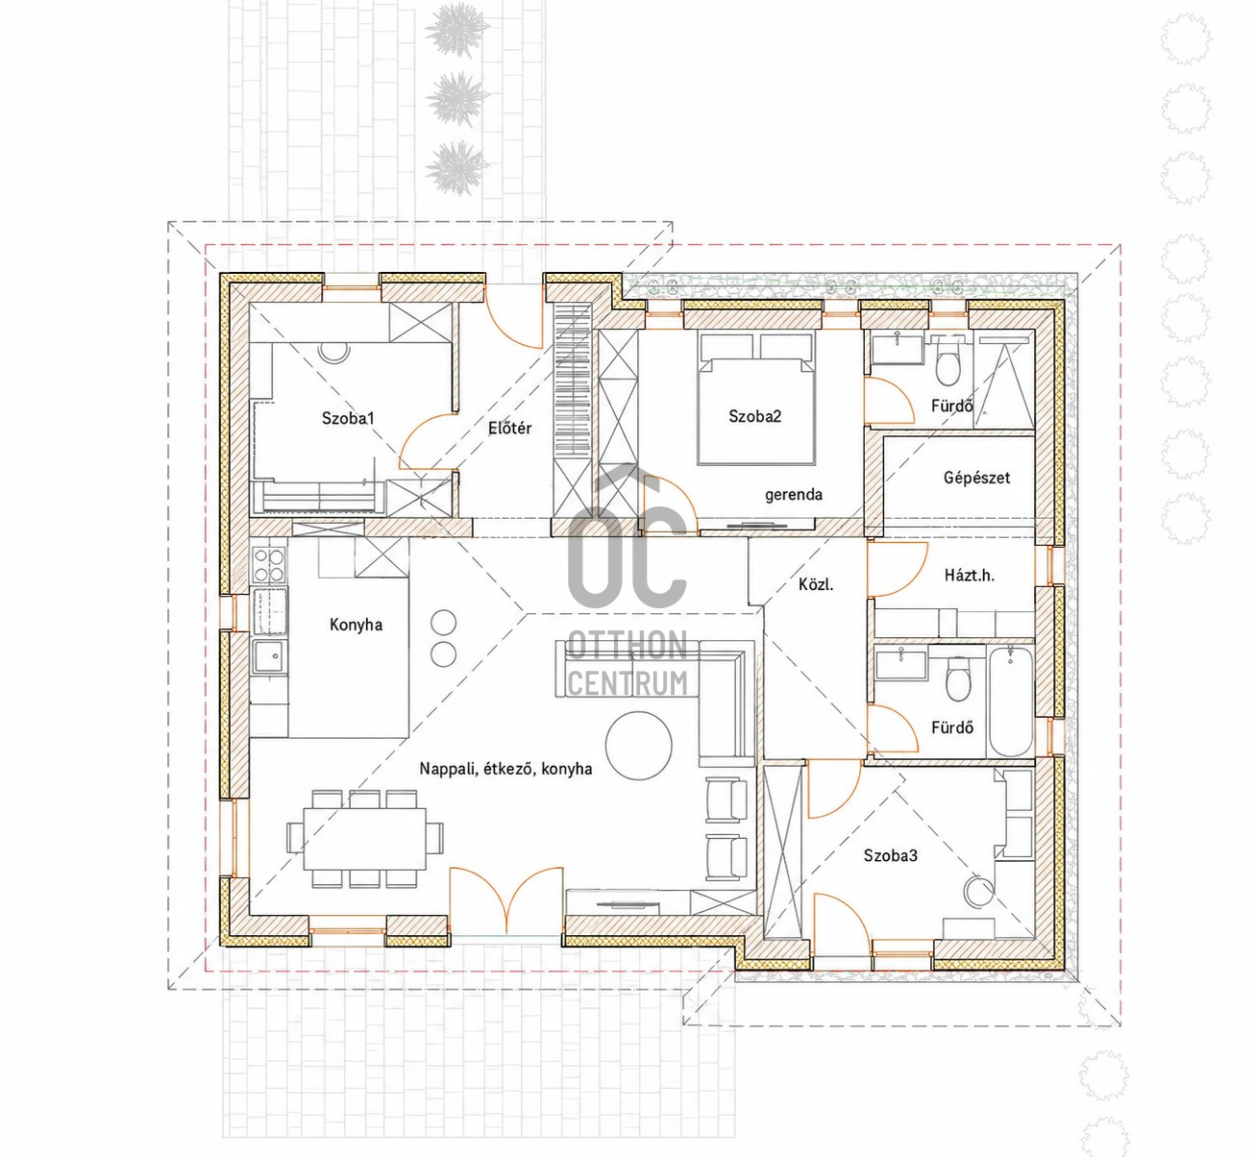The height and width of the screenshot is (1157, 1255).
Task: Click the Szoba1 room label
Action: [x=348, y=418]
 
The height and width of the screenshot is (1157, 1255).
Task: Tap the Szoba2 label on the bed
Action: [x=754, y=416]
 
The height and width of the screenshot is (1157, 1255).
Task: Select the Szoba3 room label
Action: [x=891, y=855]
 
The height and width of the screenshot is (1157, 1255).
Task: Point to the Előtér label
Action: [x=509, y=428]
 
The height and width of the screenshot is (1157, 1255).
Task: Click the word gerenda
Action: [x=794, y=494]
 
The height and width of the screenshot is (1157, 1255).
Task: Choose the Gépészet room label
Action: [x=977, y=478]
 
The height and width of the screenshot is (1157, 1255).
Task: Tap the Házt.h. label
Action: [x=970, y=575]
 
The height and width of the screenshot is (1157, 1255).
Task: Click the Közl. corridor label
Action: [x=816, y=584]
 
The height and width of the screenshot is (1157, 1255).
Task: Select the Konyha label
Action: [x=356, y=625]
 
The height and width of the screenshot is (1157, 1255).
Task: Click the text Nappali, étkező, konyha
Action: [x=505, y=769]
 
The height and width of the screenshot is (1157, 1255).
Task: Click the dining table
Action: [x=364, y=839]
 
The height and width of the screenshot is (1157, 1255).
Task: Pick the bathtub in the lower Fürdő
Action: [x=1010, y=701]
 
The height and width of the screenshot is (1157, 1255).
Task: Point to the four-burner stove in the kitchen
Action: [x=269, y=565]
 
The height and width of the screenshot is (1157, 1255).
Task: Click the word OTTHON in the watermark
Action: [x=627, y=645]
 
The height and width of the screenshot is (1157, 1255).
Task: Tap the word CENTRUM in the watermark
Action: [x=627, y=683]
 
